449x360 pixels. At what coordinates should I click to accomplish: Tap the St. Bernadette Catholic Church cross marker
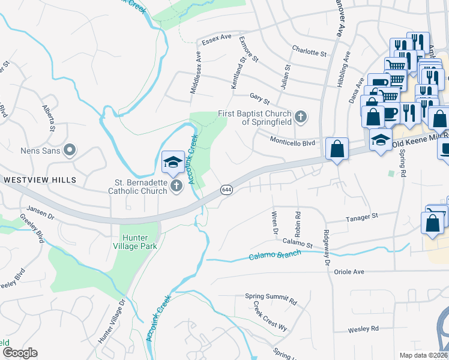[x=176, y=186]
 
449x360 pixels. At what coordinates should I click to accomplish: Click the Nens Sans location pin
[x=70, y=150]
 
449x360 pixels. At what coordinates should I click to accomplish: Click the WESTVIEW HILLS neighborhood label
[x=40, y=180]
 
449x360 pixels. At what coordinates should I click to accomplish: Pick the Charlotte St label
[x=309, y=52]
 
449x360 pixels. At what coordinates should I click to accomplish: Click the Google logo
[x=19, y=353]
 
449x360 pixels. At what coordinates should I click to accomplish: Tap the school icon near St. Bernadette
[x=172, y=162]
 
